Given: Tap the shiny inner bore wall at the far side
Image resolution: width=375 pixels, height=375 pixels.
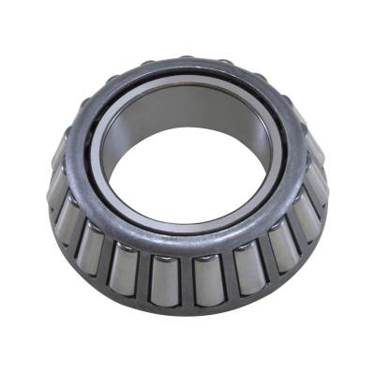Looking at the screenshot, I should tap(187, 117).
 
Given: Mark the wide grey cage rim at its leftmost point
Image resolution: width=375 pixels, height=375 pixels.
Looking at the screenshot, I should tap(73, 159).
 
